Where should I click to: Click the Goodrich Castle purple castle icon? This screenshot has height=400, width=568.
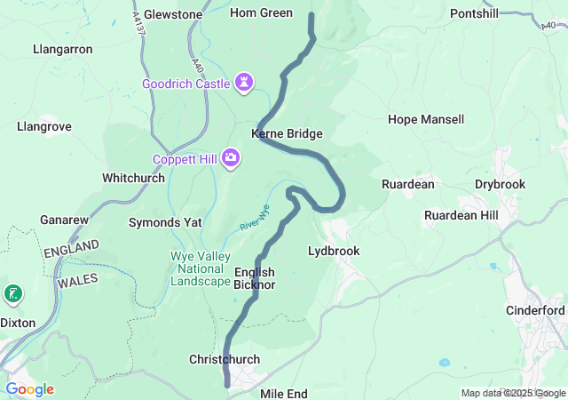point(244,84)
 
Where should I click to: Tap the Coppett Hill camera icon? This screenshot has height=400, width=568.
point(231,158)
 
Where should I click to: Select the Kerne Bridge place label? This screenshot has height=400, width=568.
point(287,133)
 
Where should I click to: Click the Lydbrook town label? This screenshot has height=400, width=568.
point(333,251)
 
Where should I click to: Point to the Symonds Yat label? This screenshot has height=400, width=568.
point(165,221)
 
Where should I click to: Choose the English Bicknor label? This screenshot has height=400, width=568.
point(254,278)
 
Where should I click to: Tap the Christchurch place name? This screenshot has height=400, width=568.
point(225,359)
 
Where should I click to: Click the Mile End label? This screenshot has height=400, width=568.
point(284,392)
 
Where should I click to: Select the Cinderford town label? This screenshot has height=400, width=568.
point(535,310)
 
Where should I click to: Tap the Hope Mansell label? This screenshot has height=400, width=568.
point(426,119)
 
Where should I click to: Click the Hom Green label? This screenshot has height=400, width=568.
point(261,13)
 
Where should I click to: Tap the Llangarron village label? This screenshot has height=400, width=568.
point(62,49)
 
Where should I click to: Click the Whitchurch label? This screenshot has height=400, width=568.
point(133,178)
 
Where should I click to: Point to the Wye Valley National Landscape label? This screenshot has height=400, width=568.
point(200,268)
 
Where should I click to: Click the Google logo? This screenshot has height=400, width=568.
point(29,389)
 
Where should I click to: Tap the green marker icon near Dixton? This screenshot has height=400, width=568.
point(13,293)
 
